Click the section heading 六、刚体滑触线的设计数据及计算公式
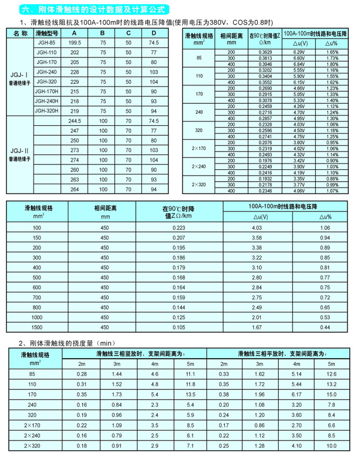[93, 10]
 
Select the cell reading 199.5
[75, 42]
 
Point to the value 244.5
[75, 121]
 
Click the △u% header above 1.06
[324, 217]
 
